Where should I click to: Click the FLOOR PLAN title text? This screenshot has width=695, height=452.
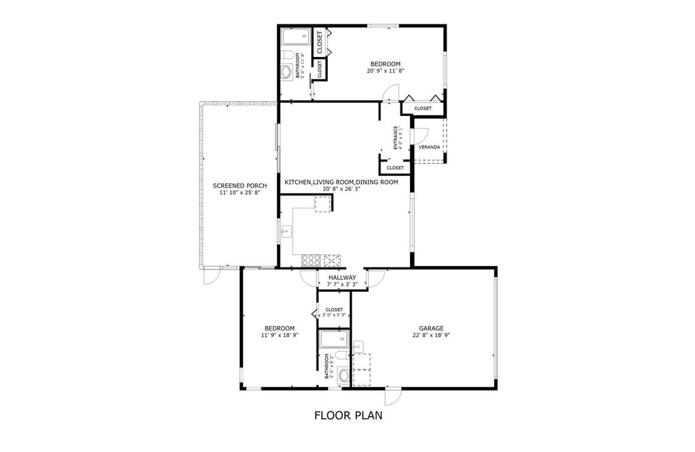coord(347,415)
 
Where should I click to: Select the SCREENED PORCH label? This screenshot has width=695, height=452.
coord(239,185)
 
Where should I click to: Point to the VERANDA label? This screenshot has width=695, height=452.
coord(428,147)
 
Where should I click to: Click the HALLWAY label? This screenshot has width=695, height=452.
coord(342,278)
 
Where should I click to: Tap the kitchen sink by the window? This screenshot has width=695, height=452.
coord(286,231)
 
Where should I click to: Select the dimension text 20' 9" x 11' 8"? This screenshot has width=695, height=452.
coord(385,71)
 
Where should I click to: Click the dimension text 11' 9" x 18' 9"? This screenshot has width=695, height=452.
coord(279,335)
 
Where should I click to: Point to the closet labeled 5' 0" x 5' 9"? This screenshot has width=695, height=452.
coord(334,313)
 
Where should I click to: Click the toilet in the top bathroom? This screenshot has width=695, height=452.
coord(288,54)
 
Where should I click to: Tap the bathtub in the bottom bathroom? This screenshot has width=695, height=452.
coord(334,339)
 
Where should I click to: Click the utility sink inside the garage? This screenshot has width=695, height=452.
coord(358,347)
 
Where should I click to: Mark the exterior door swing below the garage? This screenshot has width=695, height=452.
coord(392,397)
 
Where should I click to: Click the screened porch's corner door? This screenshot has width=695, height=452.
coord(211,276)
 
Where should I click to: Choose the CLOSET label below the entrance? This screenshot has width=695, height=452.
coord(394,168)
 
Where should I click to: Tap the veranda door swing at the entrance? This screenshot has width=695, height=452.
coord(420,134)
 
